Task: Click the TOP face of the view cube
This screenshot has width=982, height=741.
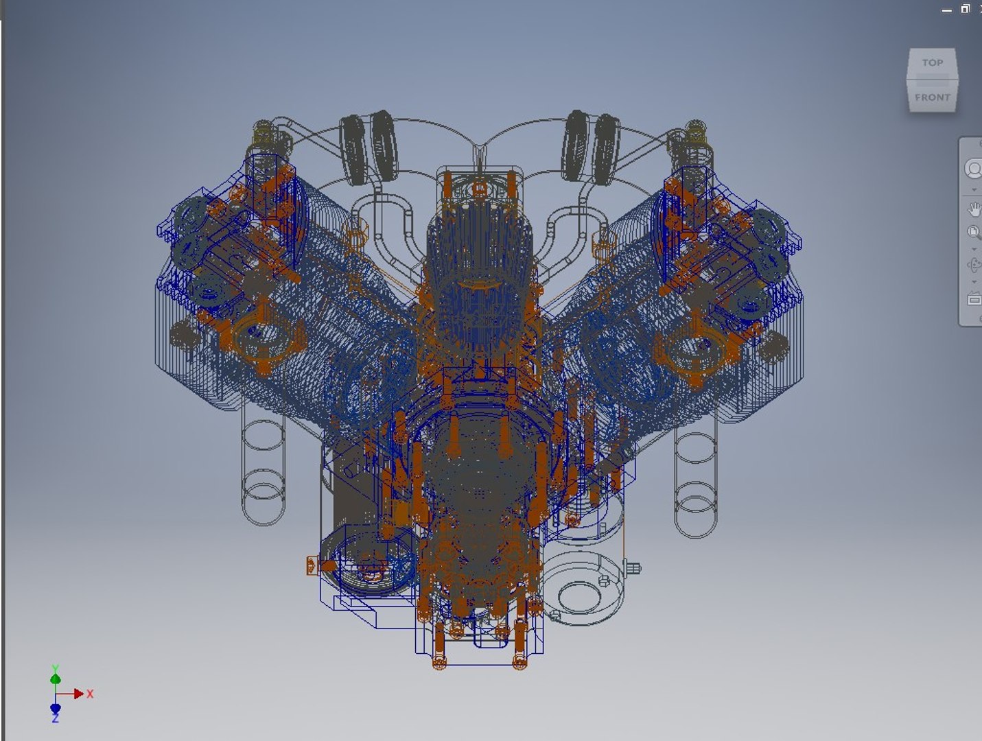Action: [x=932, y=63]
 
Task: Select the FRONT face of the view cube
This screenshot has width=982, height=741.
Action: [x=932, y=97]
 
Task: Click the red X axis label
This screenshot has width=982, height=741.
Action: [x=90, y=694]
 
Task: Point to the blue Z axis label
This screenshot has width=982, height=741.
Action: [x=55, y=718]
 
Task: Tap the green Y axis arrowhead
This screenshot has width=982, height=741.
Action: [x=56, y=679]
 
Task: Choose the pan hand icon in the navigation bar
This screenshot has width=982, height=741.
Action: [x=974, y=208]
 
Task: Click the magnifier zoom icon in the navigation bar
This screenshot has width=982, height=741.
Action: [x=973, y=232]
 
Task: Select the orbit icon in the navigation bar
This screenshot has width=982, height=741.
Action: [x=973, y=265]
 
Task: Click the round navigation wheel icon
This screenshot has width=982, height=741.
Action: [x=974, y=169]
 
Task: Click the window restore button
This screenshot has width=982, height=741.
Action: [x=965, y=9]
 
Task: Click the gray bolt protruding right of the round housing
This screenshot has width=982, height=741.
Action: [x=633, y=568]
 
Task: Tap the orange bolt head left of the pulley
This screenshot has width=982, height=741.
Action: [x=313, y=565]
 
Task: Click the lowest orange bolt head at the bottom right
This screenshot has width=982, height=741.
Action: [x=520, y=661]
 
